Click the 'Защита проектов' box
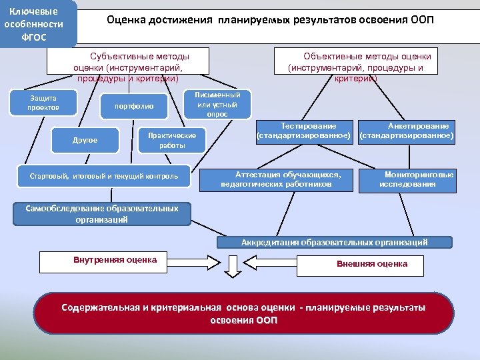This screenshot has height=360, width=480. tap(44, 103)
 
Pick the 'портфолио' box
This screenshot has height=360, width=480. tap(134, 106)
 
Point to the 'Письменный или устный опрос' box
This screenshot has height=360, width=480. tap(217, 105)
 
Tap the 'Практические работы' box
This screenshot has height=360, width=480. tap(171, 140)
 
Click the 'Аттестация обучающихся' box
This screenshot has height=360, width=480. tap(281, 179)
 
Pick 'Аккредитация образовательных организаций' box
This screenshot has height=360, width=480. tap(334, 243)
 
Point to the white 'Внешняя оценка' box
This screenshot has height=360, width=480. tap(372, 264)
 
